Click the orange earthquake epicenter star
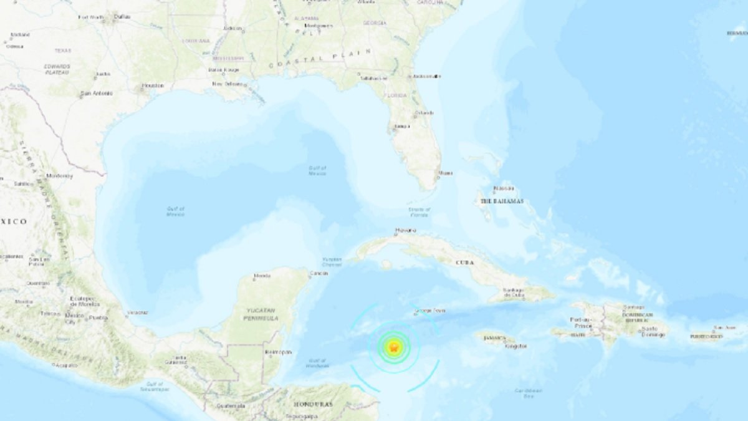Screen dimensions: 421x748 [393, 347]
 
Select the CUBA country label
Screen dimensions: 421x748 [464, 263]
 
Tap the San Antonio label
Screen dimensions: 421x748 [97, 94]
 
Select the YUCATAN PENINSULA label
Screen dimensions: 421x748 [261, 315]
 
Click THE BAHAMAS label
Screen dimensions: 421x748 [502, 201]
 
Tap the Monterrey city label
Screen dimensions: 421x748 [59, 176]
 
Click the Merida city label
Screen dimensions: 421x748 [262, 275]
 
